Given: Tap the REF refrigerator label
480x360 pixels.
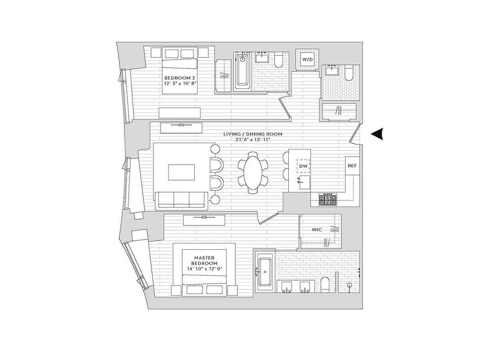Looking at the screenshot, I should pos(352,166).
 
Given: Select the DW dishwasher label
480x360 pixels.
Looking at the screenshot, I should pos(303,166).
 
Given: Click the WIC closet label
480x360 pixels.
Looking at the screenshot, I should pos(317,229).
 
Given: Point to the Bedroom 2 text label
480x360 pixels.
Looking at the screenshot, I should pos(179,77).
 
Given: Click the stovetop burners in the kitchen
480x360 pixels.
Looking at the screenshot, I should pos(328,199).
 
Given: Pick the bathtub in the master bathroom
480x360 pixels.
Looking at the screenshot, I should pos(264,272).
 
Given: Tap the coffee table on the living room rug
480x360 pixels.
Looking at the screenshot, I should pos(182,172).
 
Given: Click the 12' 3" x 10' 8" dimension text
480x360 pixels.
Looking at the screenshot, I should pos(179,83).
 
